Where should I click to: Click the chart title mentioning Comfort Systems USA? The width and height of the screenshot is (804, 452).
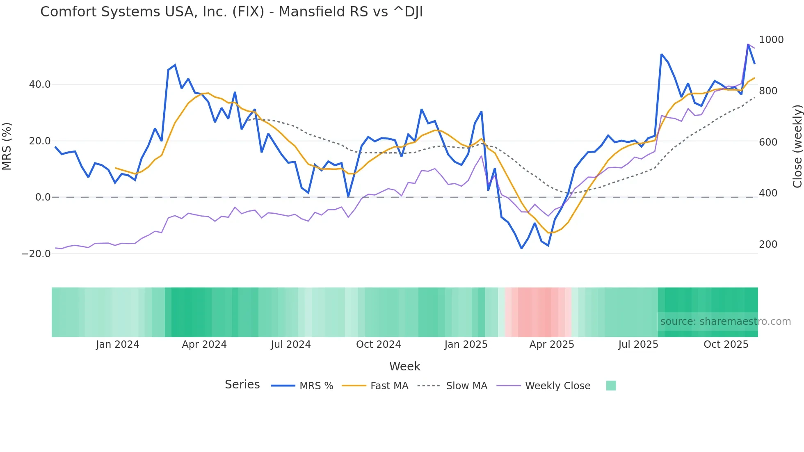pos(231,12)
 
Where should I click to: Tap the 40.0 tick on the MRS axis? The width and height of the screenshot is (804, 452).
pos(40,84)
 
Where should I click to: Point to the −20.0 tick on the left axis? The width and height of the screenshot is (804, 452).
pos(36,254)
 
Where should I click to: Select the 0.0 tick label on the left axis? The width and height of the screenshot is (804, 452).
pos(43,197)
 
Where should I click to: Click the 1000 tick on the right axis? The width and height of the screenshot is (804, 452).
pos(771,40)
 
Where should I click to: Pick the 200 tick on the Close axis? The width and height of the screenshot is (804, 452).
pos(768,244)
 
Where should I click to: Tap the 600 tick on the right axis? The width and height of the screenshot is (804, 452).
pos(768,142)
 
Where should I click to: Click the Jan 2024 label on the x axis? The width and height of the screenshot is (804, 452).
pos(118,345)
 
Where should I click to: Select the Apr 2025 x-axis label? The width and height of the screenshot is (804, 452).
pos(552,345)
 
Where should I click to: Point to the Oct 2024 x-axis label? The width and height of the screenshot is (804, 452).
pos(378,345)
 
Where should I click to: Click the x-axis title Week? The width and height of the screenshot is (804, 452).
pos(404,366)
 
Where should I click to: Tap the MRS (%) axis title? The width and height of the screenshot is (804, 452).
pos(7,146)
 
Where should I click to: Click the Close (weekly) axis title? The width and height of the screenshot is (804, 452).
pos(797,146)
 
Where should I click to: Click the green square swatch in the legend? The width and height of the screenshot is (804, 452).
pos(611,386)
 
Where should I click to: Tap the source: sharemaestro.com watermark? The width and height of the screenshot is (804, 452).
pos(725,322)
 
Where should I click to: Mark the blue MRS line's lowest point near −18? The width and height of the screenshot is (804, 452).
pos(521,248)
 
